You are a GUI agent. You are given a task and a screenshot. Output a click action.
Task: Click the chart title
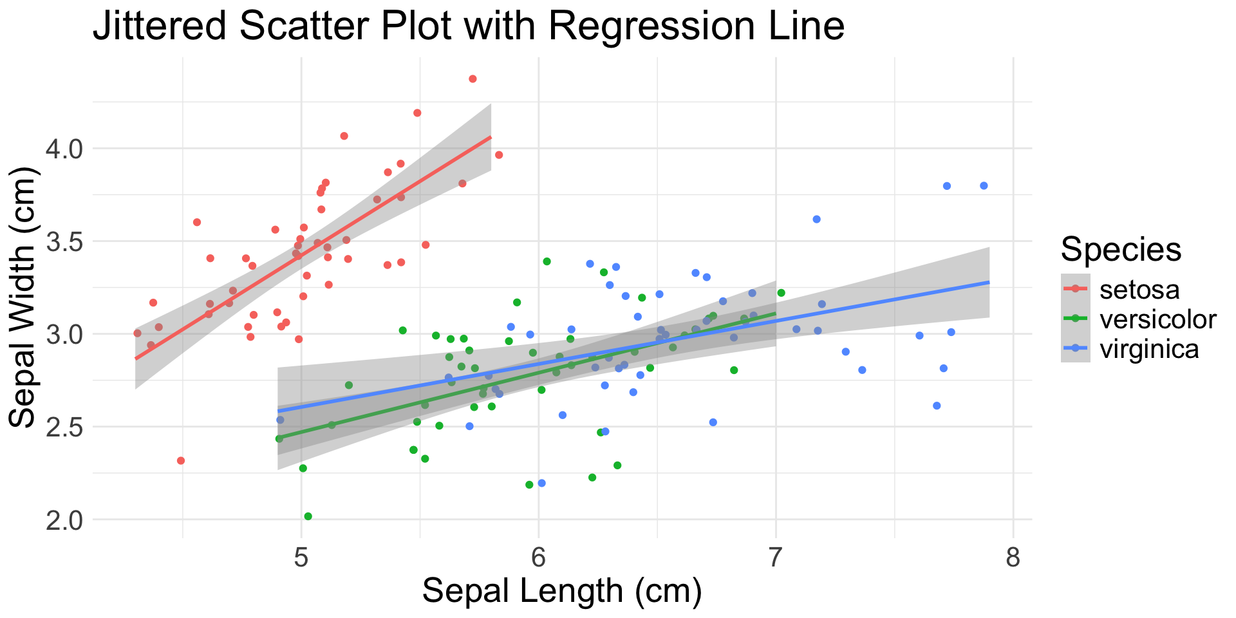coord(468,27)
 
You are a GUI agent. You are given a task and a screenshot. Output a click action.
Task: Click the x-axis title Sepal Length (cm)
coord(561,592)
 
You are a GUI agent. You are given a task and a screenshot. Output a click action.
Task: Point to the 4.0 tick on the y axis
coord(65,149)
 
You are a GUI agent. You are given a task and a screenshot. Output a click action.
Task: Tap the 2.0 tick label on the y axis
coord(65,520)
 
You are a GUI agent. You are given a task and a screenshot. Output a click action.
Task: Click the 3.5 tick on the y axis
coord(65,242)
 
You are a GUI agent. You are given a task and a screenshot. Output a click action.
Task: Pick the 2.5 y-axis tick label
coord(65,427)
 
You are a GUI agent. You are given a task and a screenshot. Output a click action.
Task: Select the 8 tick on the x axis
coord(1013,557)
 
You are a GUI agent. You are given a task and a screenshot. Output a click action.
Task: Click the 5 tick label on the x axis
coord(301,557)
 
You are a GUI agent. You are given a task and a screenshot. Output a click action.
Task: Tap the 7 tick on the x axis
coord(776,557)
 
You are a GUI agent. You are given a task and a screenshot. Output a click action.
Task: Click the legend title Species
coord(1121,249)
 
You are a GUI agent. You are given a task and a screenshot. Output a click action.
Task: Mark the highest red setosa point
coord(473,79)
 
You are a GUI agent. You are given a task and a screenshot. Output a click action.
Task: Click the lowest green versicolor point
coord(308,516)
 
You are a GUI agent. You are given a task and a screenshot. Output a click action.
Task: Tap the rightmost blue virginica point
coord(984,186)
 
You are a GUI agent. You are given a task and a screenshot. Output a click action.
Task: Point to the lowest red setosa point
coord(181,461)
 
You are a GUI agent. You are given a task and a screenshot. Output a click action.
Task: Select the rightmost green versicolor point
coord(782,293)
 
